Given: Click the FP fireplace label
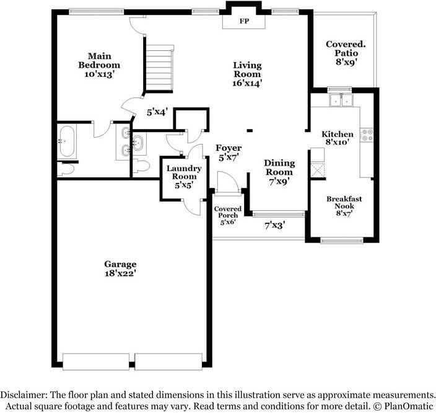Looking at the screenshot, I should click(244, 20).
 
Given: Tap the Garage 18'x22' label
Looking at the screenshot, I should click(120, 268).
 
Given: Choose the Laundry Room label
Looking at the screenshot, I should click(184, 176).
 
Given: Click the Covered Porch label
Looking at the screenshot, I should click(227, 215).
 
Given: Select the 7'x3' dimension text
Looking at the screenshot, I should click(274, 225).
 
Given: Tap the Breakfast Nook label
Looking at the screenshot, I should click(344, 205).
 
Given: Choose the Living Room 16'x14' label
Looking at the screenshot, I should click(247, 74).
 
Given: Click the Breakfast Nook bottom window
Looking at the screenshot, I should click(342, 240).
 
